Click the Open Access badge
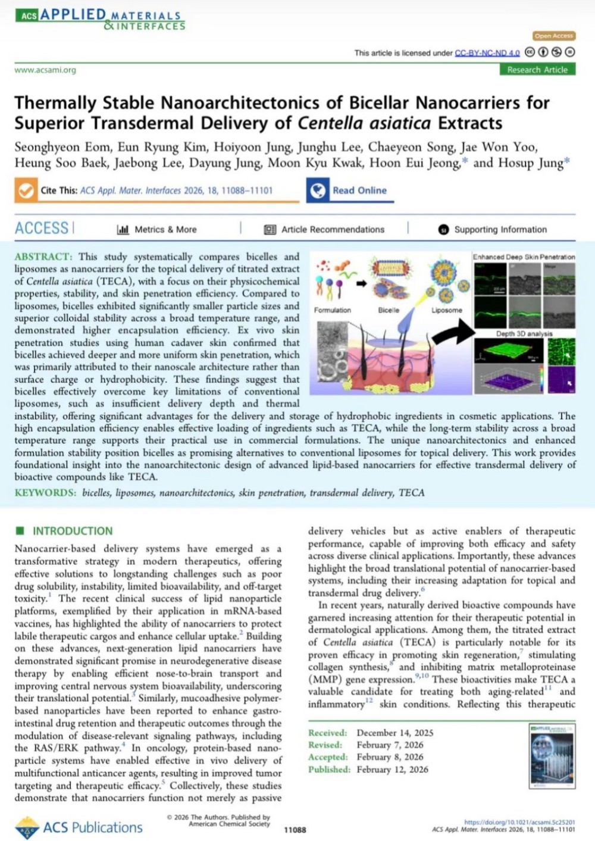pos(553,36)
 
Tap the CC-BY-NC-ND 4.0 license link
pos(487,53)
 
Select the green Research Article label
pos(537,70)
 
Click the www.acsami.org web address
pos(45,70)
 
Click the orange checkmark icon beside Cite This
pos(26,190)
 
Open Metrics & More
pos(157,229)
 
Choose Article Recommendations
pos(325,229)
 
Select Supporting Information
pos(493,229)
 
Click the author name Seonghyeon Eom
pos(61,146)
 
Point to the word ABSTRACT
pos(43,257)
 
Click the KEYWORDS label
pos(45,492)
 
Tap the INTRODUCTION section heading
pos(72,531)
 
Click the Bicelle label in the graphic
pos(389,310)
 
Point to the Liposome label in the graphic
pos(447,310)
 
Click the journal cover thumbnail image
pos(552,756)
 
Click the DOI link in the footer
pos(519,822)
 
